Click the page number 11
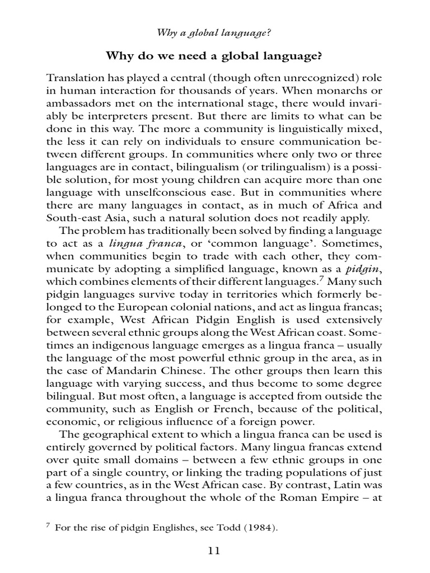(214, 550)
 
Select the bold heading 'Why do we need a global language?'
(214, 57)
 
